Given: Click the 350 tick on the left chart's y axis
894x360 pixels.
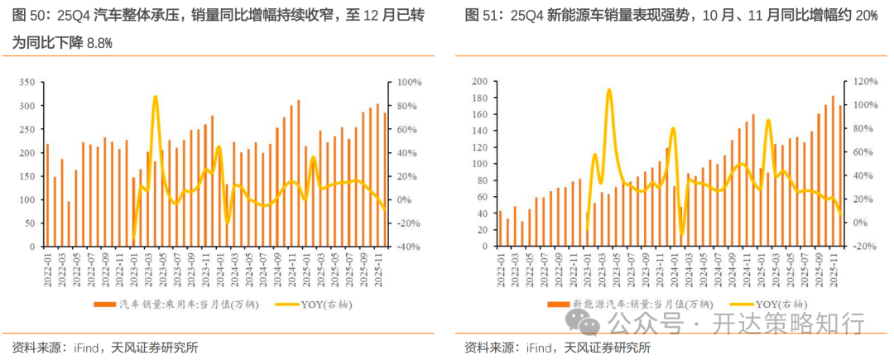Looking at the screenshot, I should [25, 83].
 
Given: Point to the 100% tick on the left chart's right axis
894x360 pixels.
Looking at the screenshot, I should [409, 83].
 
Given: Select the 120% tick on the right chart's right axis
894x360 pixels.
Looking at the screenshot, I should [864, 81].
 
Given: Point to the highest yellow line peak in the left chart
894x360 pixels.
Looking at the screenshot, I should [155, 97].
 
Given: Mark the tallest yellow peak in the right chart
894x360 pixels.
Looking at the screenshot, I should [608, 89].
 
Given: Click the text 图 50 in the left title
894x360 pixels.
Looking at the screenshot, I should [26, 15].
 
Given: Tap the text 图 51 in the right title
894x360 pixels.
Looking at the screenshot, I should [478, 15].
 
